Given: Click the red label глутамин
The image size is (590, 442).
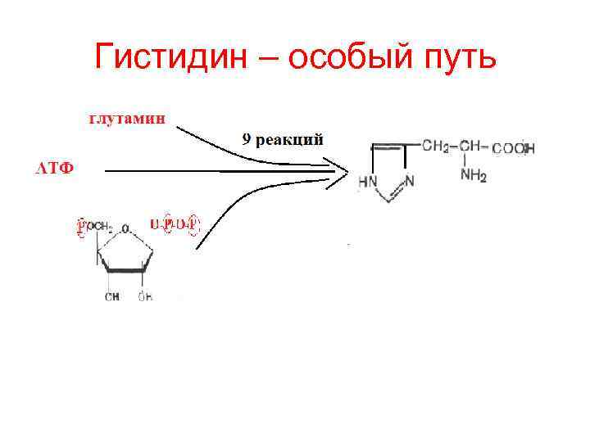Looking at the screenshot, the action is coord(126,118).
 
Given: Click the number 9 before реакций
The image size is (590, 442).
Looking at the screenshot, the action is coord(247,140).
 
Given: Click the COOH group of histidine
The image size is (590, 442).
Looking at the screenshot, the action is coord(514,148).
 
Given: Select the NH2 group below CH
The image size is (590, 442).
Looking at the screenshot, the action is coord(473,174).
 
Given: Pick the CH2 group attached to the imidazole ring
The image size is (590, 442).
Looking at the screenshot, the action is coord(435,147).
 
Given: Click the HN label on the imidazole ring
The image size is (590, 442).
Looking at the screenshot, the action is coord(368,181).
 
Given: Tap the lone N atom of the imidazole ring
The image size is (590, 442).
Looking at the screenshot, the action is coord(409,181).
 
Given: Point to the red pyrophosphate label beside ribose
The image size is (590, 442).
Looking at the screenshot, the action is coord(175,223).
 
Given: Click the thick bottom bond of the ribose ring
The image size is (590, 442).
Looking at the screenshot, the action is coord(125,268).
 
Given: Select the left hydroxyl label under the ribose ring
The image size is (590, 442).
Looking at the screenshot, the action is coord(111,296).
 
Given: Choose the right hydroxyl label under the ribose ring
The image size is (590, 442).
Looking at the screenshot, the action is coord(144,296).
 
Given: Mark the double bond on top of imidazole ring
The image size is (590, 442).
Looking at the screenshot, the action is coord(387,147).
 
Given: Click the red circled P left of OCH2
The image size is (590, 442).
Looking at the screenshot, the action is coord(81,227).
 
